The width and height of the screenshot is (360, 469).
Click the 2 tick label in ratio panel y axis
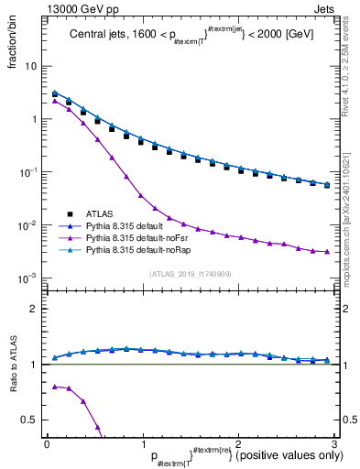33,309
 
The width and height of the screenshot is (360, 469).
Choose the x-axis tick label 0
47,443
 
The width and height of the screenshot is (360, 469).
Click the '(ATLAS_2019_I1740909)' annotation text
190,273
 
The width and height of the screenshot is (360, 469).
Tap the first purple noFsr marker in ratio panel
55,387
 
